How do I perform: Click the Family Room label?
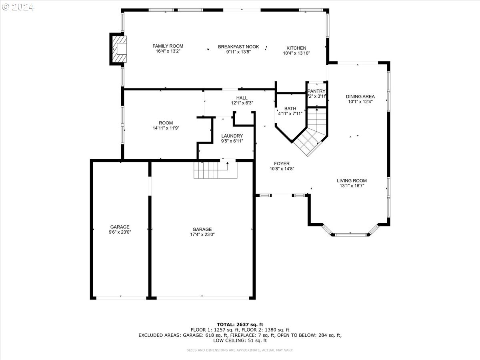(x=168, y=46)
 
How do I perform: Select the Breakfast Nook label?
(x=238, y=47)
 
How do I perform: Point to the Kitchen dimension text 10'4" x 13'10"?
(x=296, y=53)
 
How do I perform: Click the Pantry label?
(x=317, y=91)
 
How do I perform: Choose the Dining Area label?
(x=360, y=96)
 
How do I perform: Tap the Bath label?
(x=290, y=108)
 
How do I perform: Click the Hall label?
(x=242, y=98)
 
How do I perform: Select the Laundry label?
(x=232, y=136)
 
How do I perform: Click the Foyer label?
(x=282, y=163)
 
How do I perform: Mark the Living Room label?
(x=352, y=180)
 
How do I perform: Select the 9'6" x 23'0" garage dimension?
(x=120, y=232)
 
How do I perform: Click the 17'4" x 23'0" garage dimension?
(x=202, y=235)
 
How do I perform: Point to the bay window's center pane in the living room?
(x=351, y=234)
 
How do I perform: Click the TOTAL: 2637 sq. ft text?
(x=240, y=324)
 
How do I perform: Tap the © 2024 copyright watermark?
(x=18, y=7)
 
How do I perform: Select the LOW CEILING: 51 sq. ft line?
(x=240, y=341)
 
